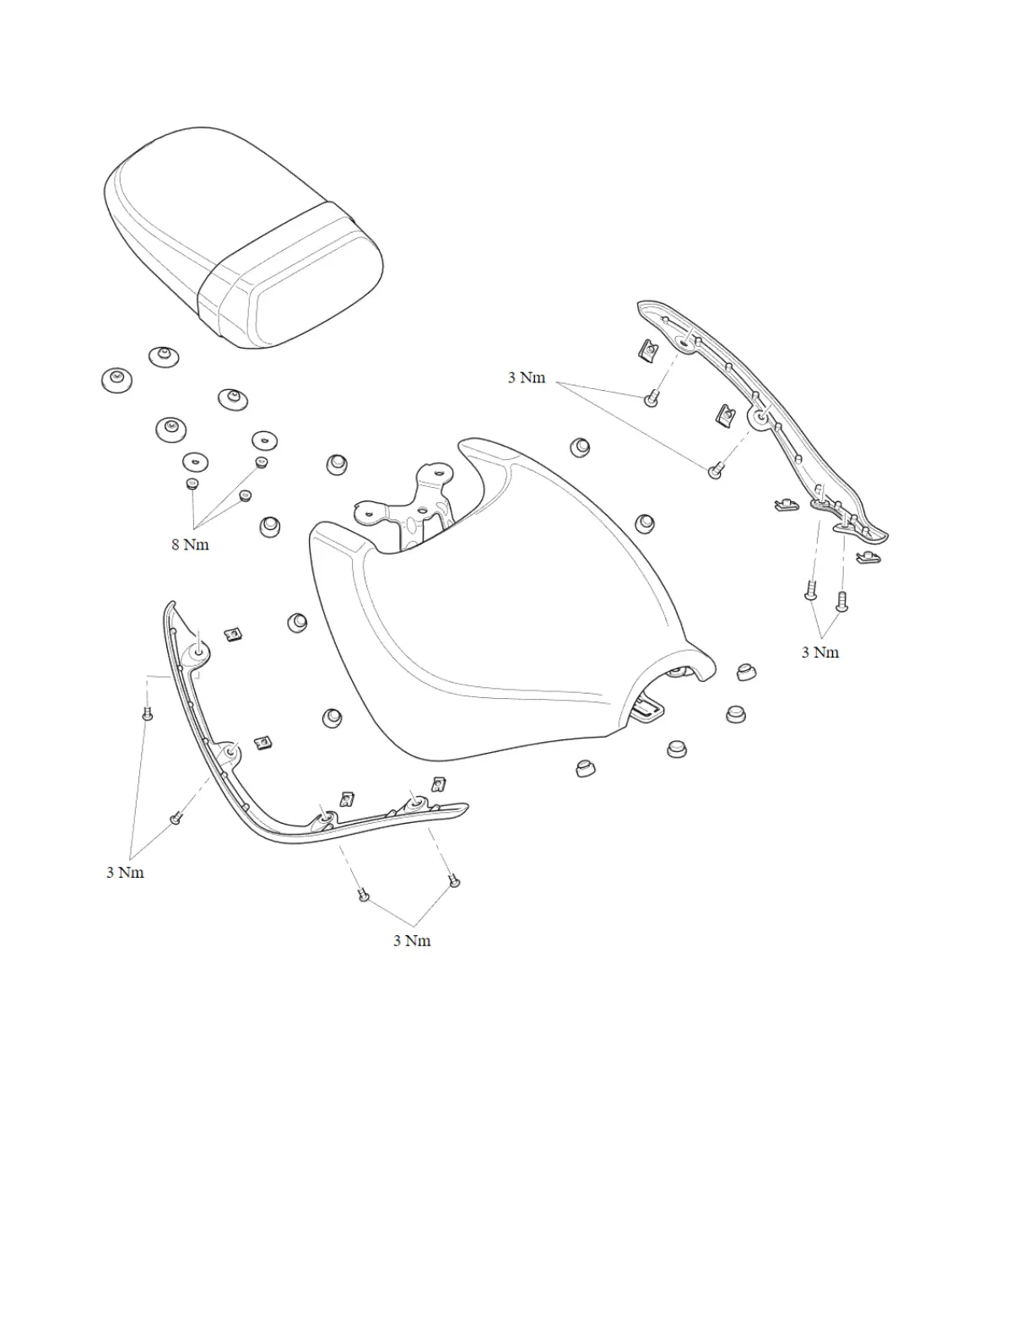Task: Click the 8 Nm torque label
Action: [190, 544]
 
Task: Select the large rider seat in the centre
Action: [506, 608]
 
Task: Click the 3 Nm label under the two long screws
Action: [819, 652]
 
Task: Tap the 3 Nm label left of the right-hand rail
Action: [526, 377]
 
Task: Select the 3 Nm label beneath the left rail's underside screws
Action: [412, 940]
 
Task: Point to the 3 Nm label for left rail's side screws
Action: [125, 872]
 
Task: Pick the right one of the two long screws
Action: [841, 600]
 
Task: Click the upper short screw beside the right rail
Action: [651, 398]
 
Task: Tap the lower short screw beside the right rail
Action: [716, 470]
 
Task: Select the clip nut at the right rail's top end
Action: [649, 349]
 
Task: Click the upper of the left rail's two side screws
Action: [148, 715]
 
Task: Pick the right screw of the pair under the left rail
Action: [454, 881]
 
